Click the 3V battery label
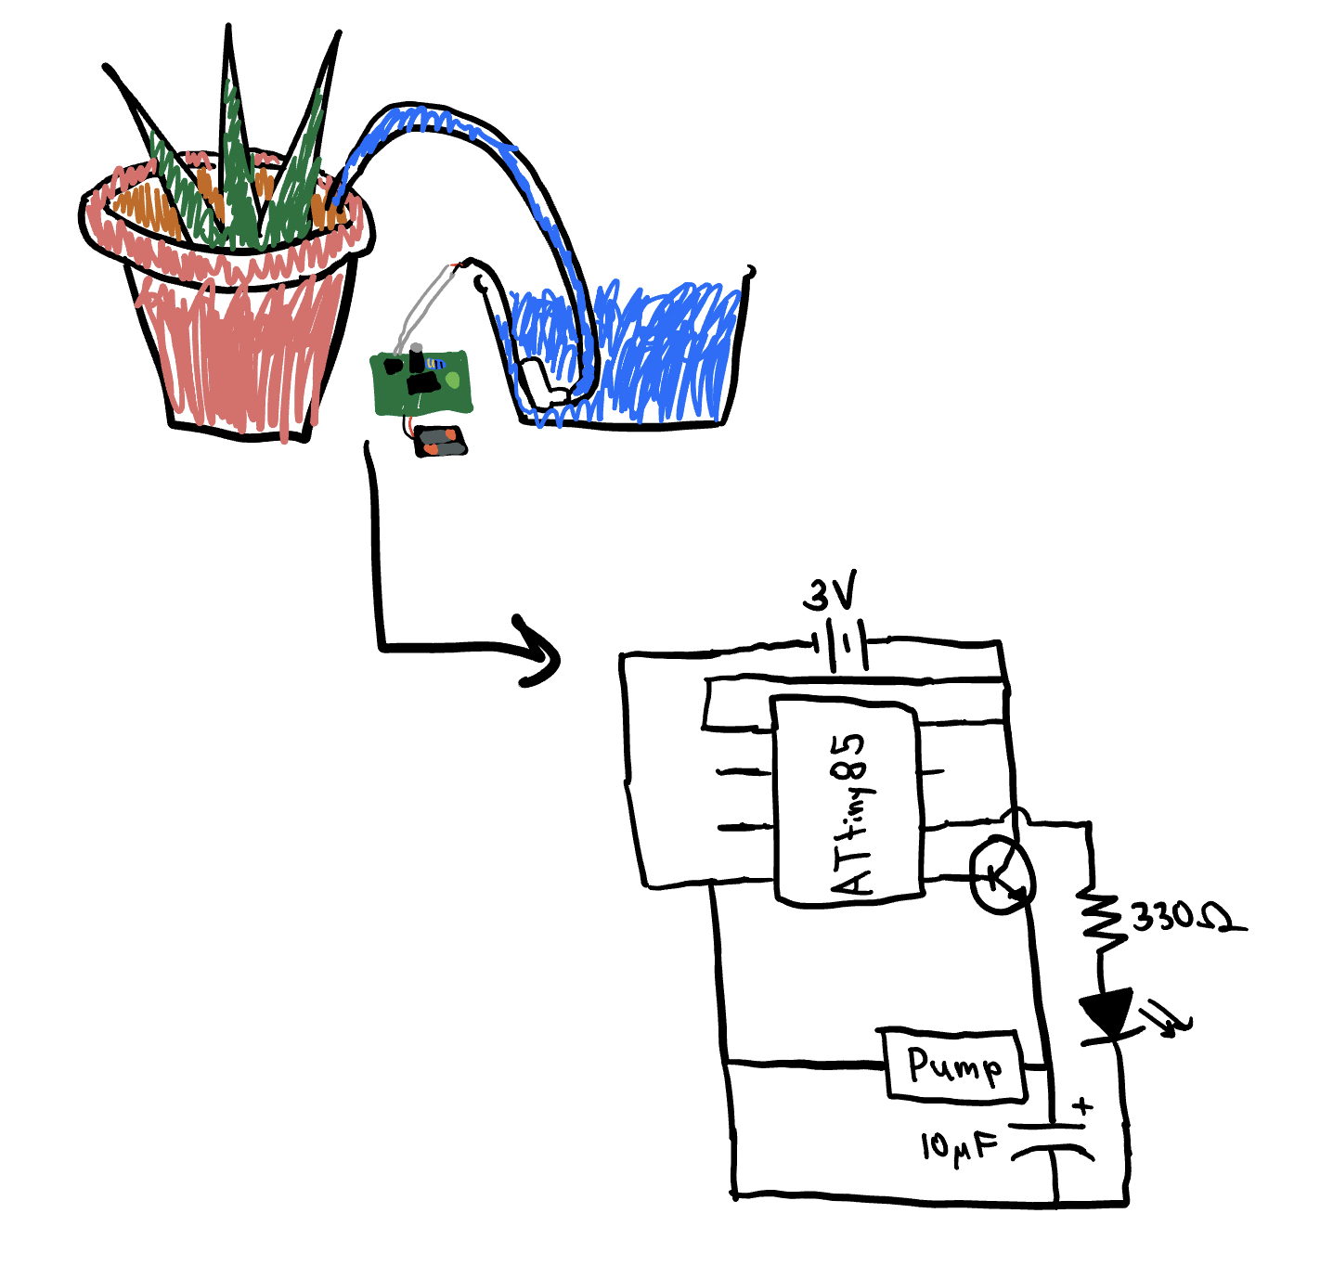pos(830,594)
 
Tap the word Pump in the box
pos(955,1065)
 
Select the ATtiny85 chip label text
pos(852,814)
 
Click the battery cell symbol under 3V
pos(848,644)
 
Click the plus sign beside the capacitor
pos(1083,1107)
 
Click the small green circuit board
pos(421,383)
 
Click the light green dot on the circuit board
pos(452,379)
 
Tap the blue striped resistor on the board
pos(435,364)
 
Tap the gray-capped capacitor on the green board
pos(416,357)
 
